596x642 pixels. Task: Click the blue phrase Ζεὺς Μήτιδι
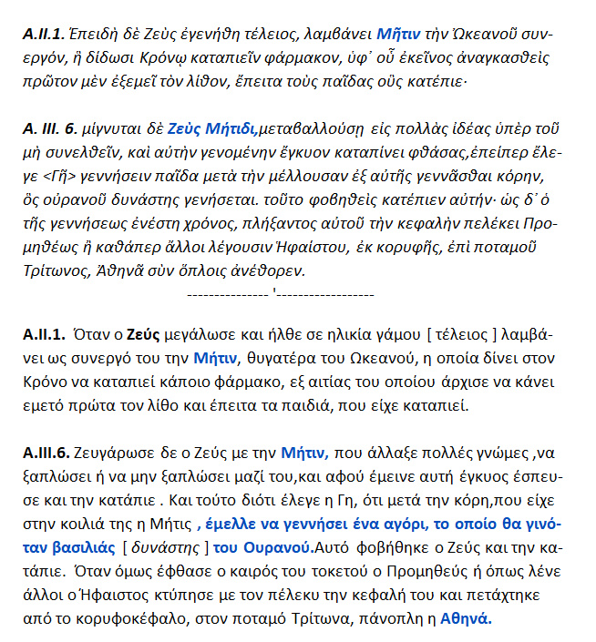coord(215,129)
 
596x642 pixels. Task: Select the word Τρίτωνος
coord(56,271)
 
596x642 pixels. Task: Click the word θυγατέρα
coord(283,358)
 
